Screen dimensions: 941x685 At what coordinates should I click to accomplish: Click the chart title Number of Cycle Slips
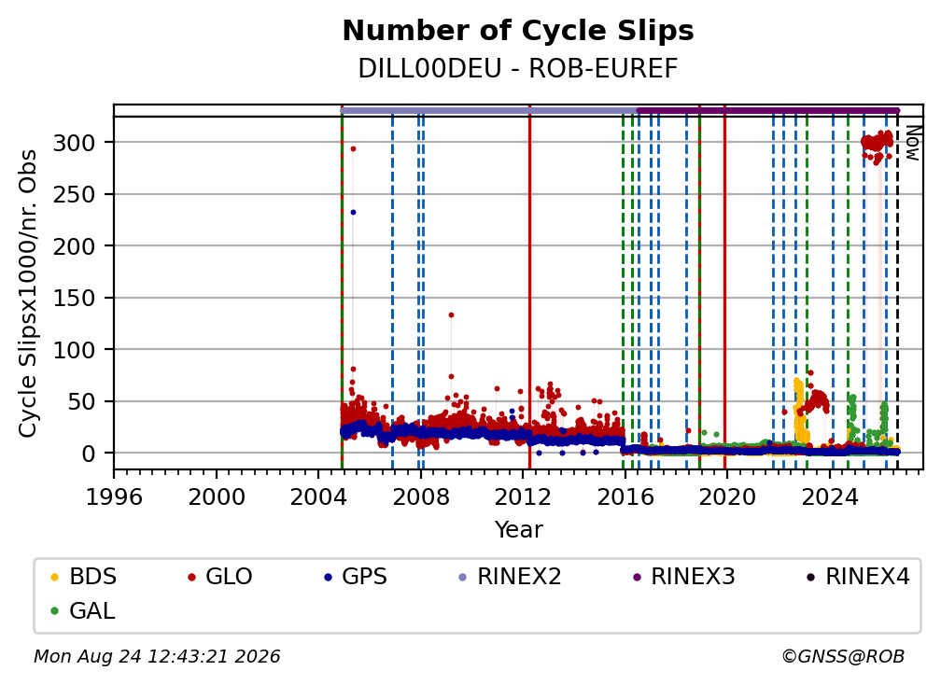coord(518,31)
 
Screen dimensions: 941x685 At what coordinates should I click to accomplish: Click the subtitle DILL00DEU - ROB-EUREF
coord(518,69)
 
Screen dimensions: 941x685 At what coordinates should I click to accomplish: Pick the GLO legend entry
coord(220,577)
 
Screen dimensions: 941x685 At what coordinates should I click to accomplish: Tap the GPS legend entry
coord(356,577)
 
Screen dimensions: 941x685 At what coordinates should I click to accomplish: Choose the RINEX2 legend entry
coord(510,577)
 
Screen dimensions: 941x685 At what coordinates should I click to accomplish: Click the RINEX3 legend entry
coord(684,577)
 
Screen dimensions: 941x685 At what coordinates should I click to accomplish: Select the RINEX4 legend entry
coord(858,577)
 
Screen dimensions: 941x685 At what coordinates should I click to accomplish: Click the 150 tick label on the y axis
coord(75,298)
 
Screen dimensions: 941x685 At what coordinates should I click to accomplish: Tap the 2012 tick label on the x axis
coord(523,496)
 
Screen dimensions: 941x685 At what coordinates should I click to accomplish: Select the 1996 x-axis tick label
coord(114,496)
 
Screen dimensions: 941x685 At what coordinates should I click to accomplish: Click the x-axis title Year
coord(518,530)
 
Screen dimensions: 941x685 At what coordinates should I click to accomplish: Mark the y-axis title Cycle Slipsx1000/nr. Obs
coord(28,293)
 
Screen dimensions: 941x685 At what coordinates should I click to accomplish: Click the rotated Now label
coord(912,143)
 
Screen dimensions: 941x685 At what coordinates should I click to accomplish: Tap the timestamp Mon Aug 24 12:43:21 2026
coord(157,656)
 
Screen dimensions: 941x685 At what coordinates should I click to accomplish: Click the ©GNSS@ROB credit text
coord(843,656)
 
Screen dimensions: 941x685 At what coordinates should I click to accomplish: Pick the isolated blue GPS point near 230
coord(353,213)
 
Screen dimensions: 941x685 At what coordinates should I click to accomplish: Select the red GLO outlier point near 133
coord(451,315)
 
